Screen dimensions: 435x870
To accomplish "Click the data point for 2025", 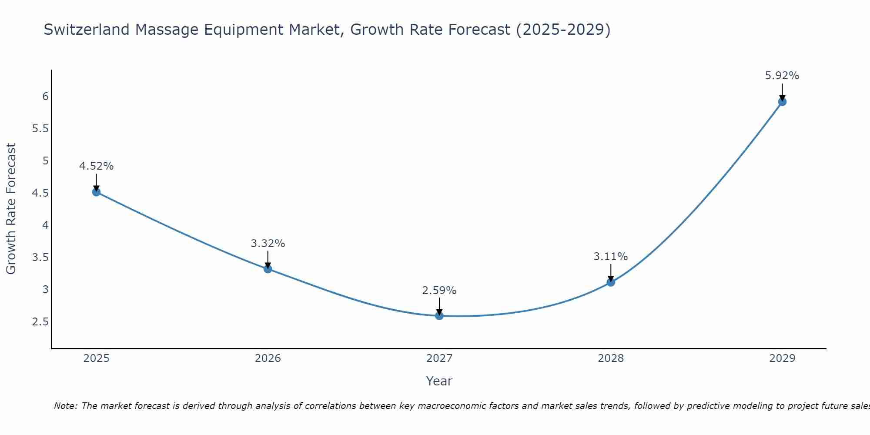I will pos(97,192).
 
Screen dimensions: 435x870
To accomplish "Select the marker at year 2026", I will pos(268,269).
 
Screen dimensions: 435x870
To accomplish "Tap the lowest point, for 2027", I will pos(439,316).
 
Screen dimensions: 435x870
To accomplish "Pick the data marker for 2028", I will pos(611,282).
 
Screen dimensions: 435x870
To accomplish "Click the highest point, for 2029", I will pos(782,102).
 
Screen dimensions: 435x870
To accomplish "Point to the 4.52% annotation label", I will pos(97,166).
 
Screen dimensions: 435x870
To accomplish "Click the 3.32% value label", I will pos(268,244).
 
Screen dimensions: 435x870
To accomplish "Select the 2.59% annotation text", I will pos(439,291).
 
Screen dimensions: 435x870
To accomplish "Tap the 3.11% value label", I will pos(611,257).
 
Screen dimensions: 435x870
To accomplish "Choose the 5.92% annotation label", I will pos(782,76).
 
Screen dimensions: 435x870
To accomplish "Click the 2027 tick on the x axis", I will pos(439,358).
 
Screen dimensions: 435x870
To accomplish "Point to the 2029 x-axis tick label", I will pos(782,358).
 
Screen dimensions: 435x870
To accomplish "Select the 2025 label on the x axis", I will pos(97,358).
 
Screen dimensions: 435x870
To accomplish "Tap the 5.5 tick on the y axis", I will pos(40,129).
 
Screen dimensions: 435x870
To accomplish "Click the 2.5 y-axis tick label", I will pos(40,322).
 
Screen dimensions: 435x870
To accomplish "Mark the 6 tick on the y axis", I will pos(45,97).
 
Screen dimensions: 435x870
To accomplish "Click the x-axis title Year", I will pos(439,381).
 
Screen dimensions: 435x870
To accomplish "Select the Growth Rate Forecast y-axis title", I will pos(11,209).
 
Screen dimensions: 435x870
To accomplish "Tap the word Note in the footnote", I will pos(65,406).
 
